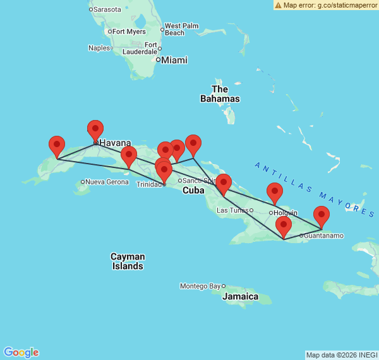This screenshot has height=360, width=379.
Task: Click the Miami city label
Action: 174,60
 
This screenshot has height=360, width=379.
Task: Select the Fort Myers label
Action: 129,32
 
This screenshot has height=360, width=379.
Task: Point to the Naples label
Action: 99,48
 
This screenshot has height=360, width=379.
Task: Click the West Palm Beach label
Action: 181,29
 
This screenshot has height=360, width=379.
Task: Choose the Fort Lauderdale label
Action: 140,48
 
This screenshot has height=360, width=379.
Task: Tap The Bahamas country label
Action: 220,94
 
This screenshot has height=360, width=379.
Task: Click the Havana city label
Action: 115,143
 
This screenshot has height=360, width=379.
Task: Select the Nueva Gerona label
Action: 107,182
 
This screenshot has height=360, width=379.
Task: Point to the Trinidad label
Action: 149,184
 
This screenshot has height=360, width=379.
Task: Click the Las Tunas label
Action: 232,210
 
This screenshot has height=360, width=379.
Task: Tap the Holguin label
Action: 286,213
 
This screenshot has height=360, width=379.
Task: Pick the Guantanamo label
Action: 324,236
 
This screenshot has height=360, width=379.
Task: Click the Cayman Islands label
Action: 128,261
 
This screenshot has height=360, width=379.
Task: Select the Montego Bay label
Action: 200,286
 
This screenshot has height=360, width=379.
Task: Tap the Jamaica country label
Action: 240,296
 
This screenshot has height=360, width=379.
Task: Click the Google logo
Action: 21,352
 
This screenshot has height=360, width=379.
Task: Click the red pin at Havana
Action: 95,130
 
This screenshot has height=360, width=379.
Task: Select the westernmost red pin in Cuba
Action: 57,146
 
